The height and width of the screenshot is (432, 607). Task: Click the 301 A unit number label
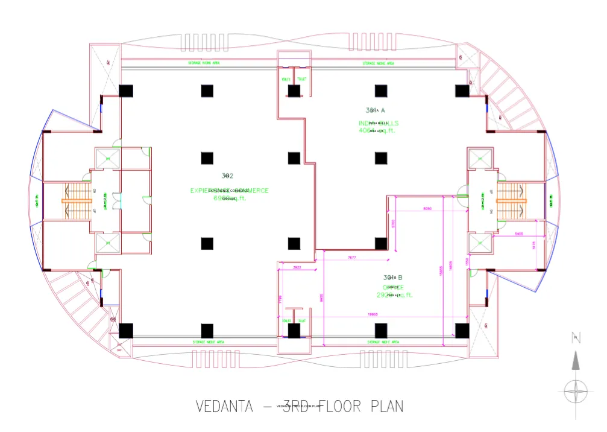click(x=374, y=110)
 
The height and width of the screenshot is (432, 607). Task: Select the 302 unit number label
click(x=227, y=176)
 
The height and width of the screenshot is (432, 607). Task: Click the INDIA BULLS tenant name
click(x=378, y=123)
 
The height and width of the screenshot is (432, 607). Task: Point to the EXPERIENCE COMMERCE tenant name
click(x=229, y=191)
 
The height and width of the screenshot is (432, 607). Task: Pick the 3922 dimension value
click(x=297, y=267)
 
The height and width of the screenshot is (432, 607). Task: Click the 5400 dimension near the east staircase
click(x=518, y=233)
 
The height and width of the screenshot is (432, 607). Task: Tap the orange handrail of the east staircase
click(x=511, y=200)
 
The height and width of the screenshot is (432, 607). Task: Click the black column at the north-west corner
click(x=125, y=91)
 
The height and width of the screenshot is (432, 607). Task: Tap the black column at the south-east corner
click(x=462, y=331)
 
